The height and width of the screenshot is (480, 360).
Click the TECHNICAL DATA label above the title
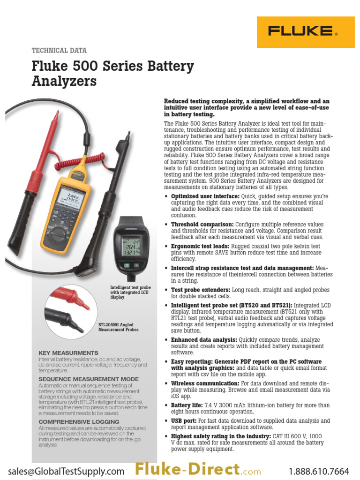[59, 51]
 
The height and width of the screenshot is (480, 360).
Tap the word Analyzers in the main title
[64, 81]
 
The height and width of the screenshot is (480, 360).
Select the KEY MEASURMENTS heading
[68, 353]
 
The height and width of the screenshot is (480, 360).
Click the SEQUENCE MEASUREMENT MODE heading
[89, 379]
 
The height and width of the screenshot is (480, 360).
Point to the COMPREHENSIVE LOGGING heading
[79, 422]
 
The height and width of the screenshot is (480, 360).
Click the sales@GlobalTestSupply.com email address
[66, 470]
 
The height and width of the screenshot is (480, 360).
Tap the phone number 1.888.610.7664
[319, 470]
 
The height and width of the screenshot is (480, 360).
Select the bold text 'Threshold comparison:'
[202, 225]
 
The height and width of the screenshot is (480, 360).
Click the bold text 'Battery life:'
[187, 405]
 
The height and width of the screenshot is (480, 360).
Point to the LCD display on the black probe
[131, 244]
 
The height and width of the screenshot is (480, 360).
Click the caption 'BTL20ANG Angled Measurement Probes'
[118, 327]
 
